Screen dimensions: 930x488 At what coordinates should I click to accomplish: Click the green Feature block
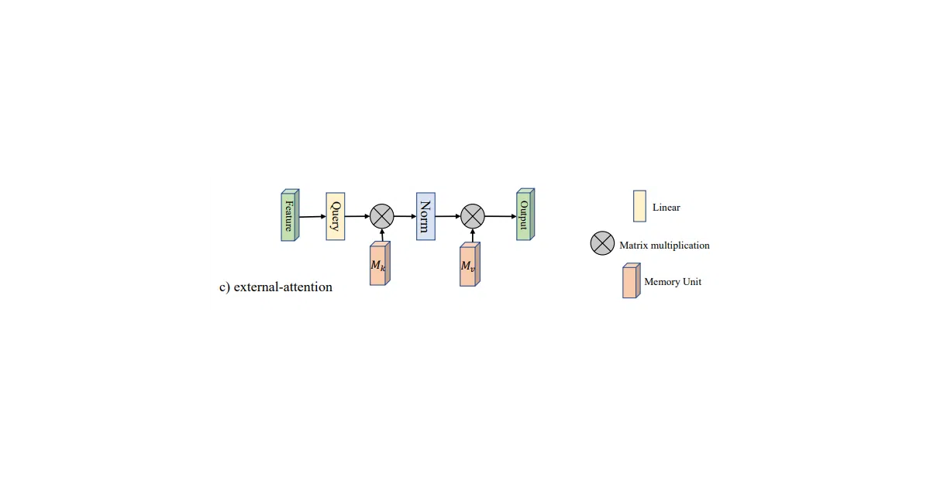[x=290, y=215]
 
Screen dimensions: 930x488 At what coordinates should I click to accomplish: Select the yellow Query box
[x=336, y=216]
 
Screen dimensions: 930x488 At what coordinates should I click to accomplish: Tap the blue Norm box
[x=426, y=216]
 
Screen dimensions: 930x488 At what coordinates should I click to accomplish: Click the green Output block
[x=525, y=214]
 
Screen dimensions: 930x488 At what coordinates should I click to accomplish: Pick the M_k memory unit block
[x=380, y=263]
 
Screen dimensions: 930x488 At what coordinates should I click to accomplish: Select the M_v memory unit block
[x=470, y=264]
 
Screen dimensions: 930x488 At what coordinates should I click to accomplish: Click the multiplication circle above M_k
[x=382, y=216]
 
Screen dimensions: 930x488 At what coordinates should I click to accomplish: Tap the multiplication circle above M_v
[x=473, y=216]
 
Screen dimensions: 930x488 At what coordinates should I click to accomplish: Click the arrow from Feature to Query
[x=312, y=217]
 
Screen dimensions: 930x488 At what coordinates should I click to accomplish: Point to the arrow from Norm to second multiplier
[x=448, y=216]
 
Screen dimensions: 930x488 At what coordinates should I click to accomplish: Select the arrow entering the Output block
[x=501, y=216]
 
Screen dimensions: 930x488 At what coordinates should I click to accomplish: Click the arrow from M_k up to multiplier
[x=382, y=235]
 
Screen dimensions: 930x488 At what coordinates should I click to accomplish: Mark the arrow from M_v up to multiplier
[x=473, y=235]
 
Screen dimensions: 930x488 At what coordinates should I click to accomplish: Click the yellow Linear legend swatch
[x=639, y=206]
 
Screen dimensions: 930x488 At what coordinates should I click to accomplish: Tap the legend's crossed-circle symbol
[x=602, y=243]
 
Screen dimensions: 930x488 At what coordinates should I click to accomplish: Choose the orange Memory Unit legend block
[x=631, y=280]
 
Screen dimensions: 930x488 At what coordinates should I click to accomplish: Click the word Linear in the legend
[x=666, y=207]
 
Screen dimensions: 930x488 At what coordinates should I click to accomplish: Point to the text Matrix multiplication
[x=664, y=246]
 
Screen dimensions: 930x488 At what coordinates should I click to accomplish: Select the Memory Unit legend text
[x=673, y=282]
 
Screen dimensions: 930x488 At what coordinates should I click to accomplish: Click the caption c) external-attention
[x=276, y=287]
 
